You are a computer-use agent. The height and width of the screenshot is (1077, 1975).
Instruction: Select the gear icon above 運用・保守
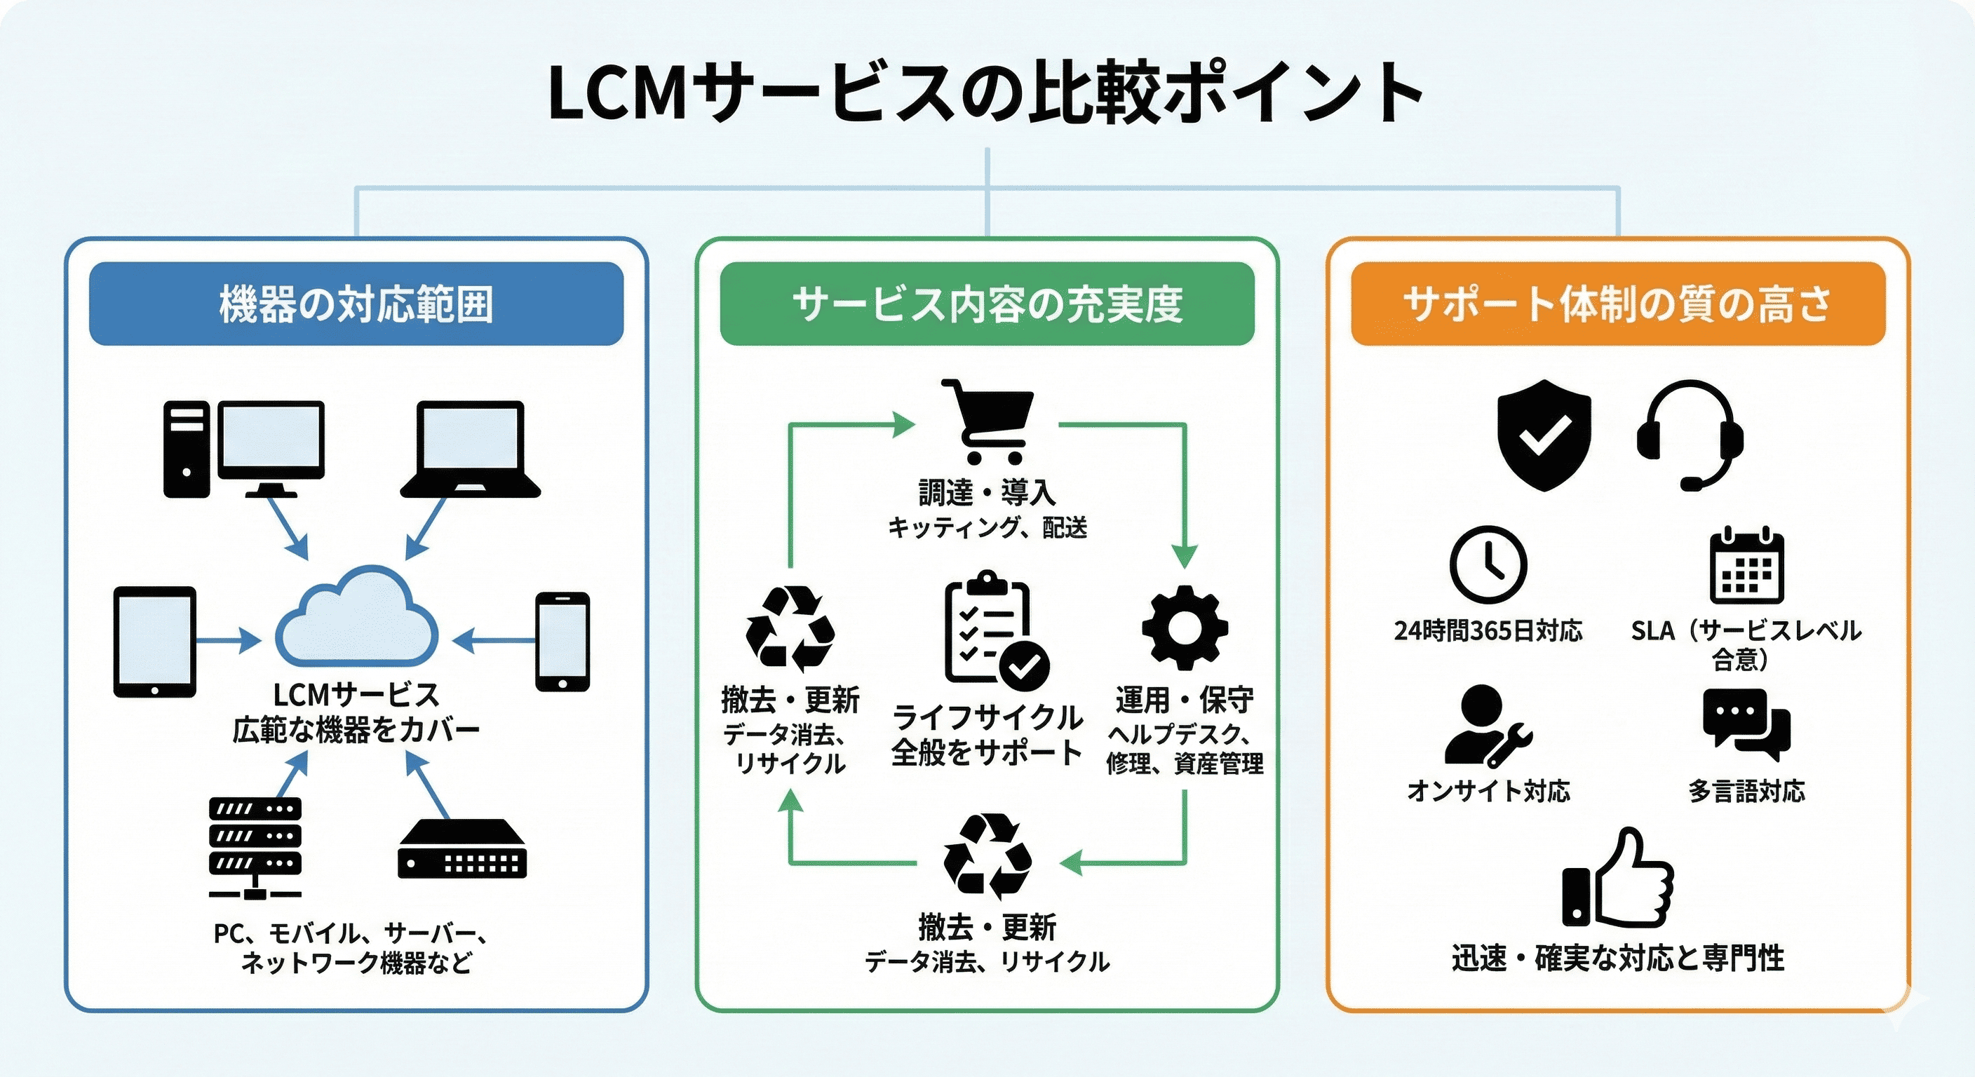point(1185,627)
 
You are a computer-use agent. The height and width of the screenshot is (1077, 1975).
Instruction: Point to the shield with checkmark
point(1544,435)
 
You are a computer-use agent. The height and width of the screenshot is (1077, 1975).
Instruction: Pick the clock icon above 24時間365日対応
point(1488,565)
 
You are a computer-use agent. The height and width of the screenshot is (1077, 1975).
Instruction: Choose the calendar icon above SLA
point(1747,567)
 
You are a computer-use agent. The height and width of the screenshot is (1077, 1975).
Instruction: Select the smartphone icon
point(562,642)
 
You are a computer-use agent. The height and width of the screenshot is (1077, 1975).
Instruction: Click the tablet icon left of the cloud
point(155,642)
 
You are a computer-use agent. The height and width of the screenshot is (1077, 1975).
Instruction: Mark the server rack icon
point(255,847)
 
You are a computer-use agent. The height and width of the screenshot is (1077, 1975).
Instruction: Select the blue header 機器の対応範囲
point(356,304)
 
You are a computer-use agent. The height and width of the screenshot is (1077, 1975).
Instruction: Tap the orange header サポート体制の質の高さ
point(1618,304)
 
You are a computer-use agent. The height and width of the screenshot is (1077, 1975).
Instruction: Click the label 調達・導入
point(987,492)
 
